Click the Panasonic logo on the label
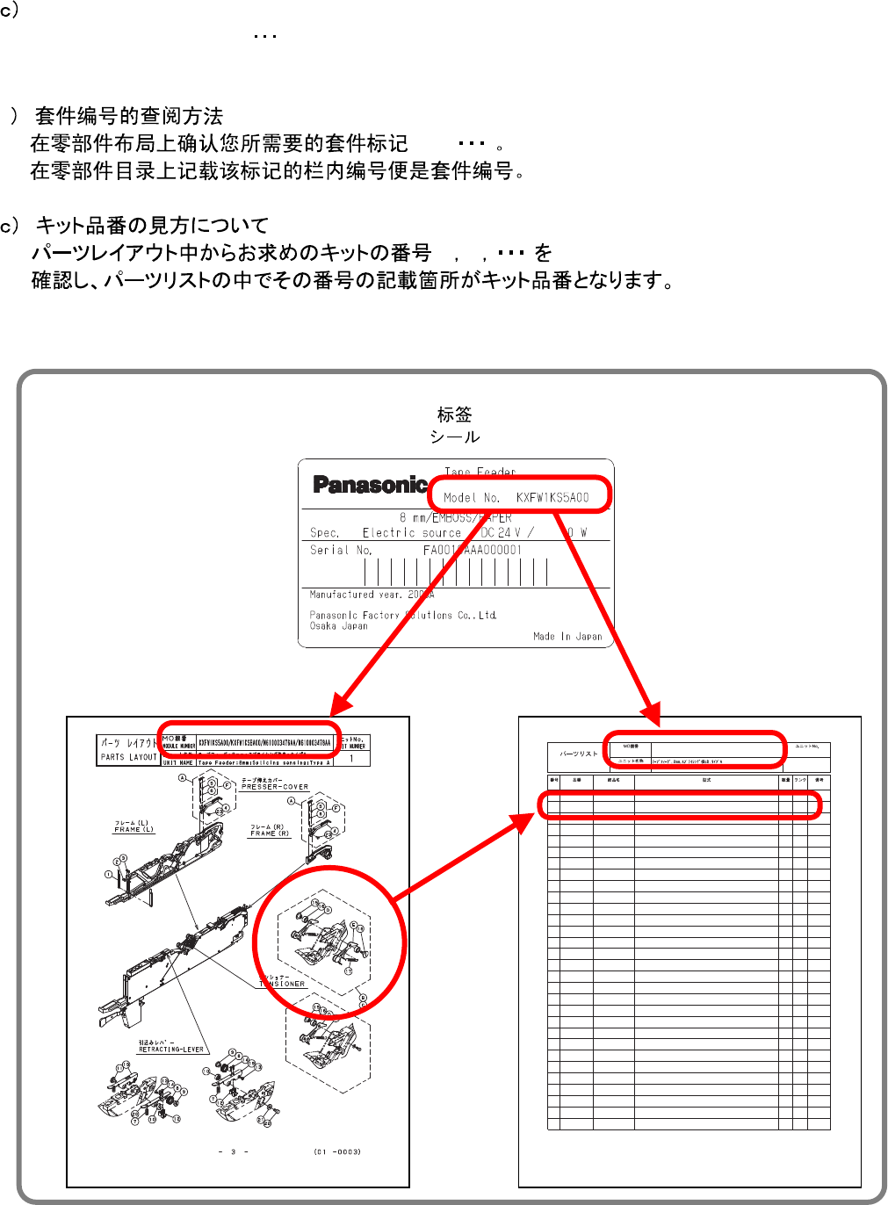pos(369,485)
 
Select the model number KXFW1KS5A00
pos(552,497)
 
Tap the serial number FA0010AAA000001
pos(472,551)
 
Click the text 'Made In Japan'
pos(567,637)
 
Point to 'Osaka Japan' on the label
pos(338,626)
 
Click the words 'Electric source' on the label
pos(412,533)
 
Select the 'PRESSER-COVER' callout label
pos(275,787)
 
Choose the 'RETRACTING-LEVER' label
pos(171,1050)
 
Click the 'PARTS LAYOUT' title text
pos(128,757)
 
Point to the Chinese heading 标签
pos(454,414)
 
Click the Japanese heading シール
pos(454,437)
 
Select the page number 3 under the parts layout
pos(234,1151)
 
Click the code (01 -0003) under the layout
pos(336,1151)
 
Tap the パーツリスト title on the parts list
pos(578,754)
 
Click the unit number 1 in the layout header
pos(351,758)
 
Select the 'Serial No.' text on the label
pos(341,551)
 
